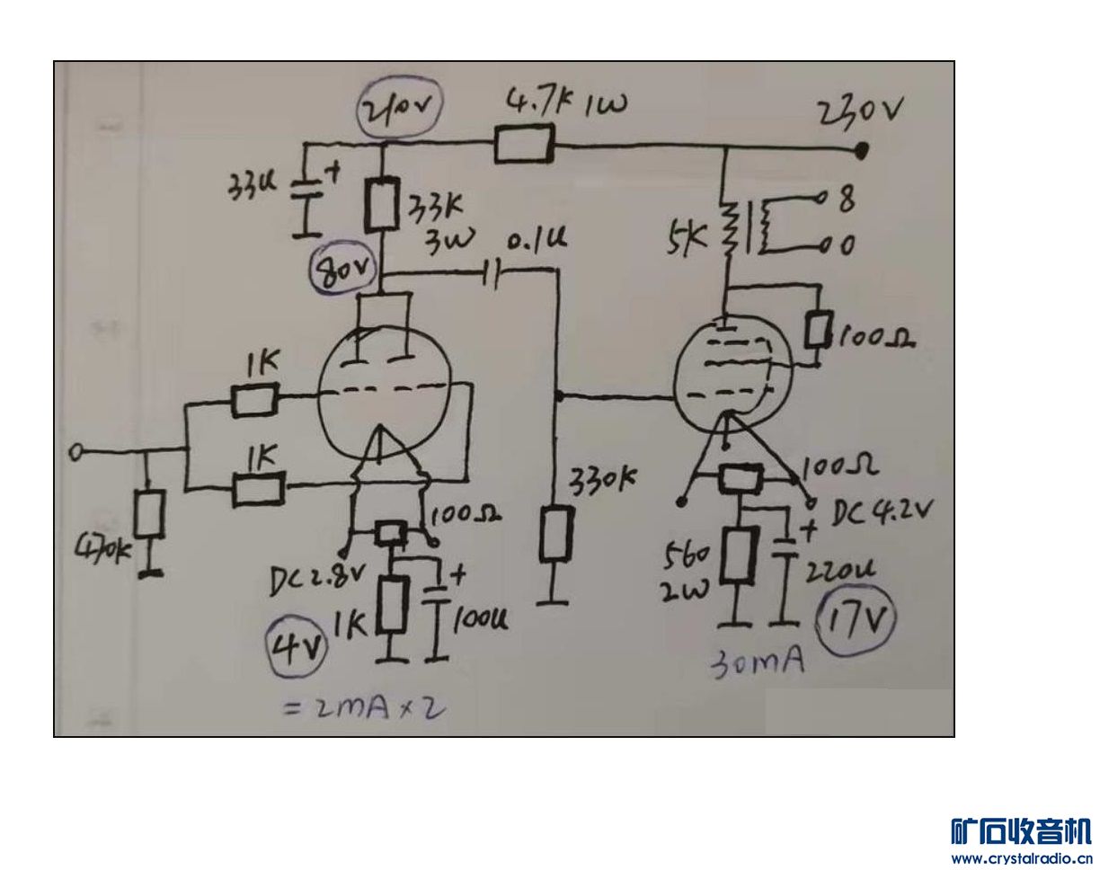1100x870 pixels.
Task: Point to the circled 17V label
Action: click(x=856, y=621)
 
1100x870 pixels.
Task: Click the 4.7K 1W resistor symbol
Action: click(x=523, y=144)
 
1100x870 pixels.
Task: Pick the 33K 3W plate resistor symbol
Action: click(x=381, y=205)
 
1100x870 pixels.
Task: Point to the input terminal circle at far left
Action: click(x=75, y=453)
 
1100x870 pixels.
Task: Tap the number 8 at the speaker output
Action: click(x=846, y=201)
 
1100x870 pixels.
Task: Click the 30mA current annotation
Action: click(x=757, y=664)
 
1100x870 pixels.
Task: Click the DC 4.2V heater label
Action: click(x=882, y=513)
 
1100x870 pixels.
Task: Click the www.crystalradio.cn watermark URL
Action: click(x=1021, y=858)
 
